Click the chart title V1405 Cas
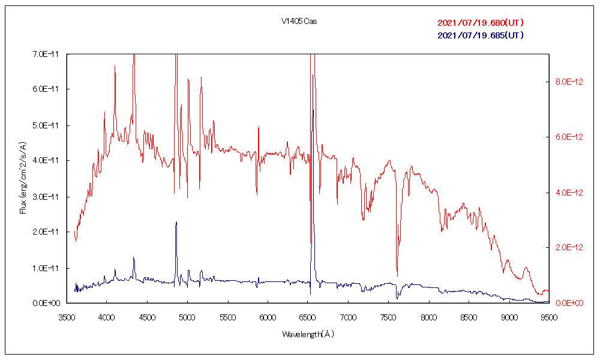point(299,22)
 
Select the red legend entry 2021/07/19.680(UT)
point(481,23)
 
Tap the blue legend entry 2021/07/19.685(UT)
point(481,35)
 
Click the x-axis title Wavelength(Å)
point(308,334)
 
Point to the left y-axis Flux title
point(23,178)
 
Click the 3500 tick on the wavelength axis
point(66,316)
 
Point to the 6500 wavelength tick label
point(308,316)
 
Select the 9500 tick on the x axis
point(550,316)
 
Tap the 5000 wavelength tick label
point(187,316)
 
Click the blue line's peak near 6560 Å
point(312,110)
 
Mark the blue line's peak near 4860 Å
point(176,222)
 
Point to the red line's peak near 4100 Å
point(115,66)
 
